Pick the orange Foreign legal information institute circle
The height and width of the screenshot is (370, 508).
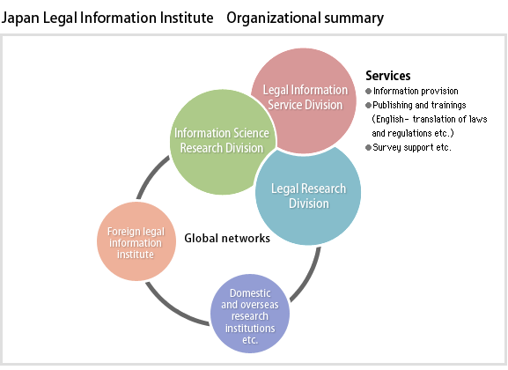tap(136, 241)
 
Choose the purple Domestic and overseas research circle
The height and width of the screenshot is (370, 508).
tap(250, 314)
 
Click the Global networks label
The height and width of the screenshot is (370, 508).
tap(227, 239)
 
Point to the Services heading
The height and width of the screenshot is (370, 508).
tap(387, 76)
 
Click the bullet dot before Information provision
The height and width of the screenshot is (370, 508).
tap(368, 91)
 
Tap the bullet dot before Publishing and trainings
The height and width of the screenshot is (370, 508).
tap(368, 106)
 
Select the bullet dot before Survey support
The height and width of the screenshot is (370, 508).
tap(368, 148)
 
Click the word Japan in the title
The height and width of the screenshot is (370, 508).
tap(20, 18)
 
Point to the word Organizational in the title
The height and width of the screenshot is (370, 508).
tap(273, 18)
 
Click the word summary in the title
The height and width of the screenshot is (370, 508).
tap(354, 18)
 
